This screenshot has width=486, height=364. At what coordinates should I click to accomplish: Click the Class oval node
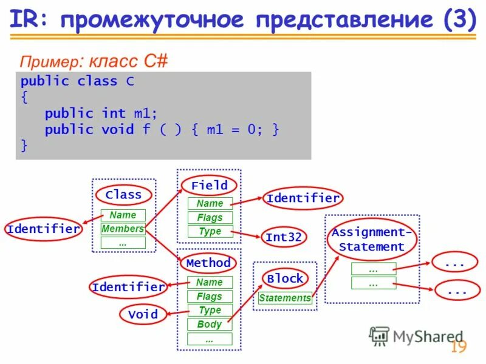pos(123,195)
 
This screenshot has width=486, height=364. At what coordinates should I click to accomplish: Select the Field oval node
pos(209,185)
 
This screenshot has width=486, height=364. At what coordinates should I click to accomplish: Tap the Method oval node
pos(208,263)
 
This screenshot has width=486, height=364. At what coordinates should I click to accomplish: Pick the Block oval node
pos(285,278)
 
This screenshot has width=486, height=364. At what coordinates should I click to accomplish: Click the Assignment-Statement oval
pos(372,240)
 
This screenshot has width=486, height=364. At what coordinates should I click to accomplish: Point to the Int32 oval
pos(283,237)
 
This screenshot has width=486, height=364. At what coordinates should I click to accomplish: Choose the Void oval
pos(143,314)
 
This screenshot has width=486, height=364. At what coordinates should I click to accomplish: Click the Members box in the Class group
pos(123,229)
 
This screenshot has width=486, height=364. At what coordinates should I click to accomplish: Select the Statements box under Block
pos(285,298)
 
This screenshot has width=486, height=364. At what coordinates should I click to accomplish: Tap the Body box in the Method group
pos(210,325)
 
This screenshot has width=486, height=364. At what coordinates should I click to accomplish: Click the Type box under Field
pos(210,231)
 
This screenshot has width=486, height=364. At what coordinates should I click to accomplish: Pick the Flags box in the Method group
pos(210,297)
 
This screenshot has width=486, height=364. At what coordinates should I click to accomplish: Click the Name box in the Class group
pos(123,215)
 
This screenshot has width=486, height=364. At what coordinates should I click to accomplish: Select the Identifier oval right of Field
pos(303,198)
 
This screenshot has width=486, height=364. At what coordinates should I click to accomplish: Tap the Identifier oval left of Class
pos(43,229)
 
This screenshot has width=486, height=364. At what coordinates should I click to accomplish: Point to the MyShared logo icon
pos(379,335)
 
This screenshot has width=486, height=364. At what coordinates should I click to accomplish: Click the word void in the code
pos(117,129)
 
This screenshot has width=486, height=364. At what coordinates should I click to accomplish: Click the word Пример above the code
pos(49,61)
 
